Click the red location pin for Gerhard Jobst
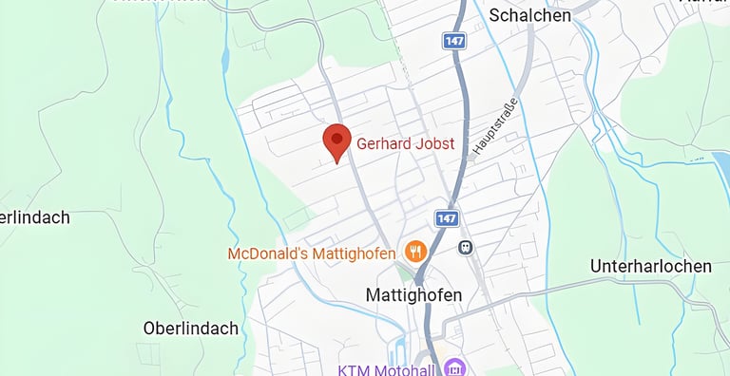336,142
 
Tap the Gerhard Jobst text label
405,144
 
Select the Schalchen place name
530,15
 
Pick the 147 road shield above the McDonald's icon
447,218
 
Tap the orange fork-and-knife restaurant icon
414,252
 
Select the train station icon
465,247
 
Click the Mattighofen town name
414,295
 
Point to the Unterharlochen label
650,266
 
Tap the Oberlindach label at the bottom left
190,329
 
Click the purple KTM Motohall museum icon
454,367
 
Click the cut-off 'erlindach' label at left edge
35,217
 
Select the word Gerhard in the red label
384,144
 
